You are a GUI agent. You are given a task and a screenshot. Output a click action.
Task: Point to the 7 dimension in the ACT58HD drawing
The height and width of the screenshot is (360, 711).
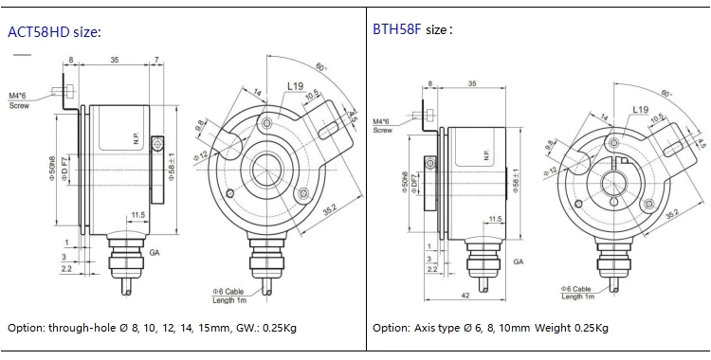pos(155,60)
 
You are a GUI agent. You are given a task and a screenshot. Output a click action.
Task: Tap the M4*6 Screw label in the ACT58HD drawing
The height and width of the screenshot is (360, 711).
pos(20,100)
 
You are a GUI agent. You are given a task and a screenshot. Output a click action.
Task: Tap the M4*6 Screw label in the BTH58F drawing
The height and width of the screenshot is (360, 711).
pos(382,126)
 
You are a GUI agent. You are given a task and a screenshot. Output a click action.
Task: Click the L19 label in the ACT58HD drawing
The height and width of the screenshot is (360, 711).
pos(295,86)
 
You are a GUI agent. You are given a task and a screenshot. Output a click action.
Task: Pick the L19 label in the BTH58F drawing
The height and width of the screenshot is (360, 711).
pos(641,110)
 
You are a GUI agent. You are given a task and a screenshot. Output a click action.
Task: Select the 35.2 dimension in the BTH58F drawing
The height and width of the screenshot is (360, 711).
pos(671,216)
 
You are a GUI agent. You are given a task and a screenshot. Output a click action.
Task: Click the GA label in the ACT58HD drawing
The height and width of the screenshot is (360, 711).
pos(155,254)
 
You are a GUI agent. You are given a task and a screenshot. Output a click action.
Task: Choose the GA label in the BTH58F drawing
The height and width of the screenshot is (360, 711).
pos(519,261)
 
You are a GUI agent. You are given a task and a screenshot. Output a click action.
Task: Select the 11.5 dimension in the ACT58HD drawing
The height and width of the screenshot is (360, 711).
pos(137,215)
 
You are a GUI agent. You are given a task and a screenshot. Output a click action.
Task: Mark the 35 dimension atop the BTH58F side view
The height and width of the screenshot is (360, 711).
pos(471,83)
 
